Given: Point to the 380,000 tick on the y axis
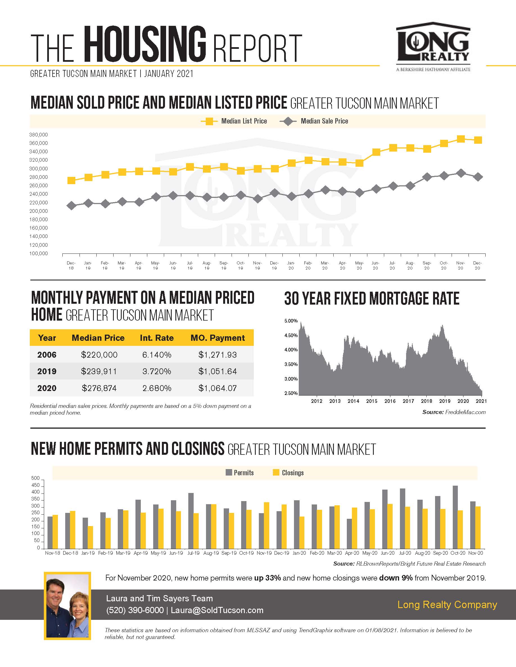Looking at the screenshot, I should [x=39, y=135].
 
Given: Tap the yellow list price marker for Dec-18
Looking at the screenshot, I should [x=71, y=181].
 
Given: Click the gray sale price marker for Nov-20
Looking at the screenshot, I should [x=460, y=173].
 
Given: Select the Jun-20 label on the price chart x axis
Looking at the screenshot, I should [x=375, y=265].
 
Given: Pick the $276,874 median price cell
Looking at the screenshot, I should [x=99, y=388].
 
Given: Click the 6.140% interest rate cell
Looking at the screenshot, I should [x=157, y=355].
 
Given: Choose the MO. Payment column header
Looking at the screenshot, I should [x=218, y=338].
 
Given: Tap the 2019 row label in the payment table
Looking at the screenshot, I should [x=47, y=371].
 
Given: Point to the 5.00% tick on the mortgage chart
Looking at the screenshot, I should [x=291, y=321].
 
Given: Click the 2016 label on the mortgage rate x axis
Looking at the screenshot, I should [x=390, y=401].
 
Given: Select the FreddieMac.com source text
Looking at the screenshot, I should [x=465, y=412].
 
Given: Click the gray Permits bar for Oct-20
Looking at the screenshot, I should [x=455, y=517].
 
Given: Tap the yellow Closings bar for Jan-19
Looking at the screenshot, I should [x=90, y=537].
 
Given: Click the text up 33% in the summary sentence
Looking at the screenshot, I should [x=267, y=578].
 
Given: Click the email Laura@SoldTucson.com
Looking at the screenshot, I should [x=217, y=610].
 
